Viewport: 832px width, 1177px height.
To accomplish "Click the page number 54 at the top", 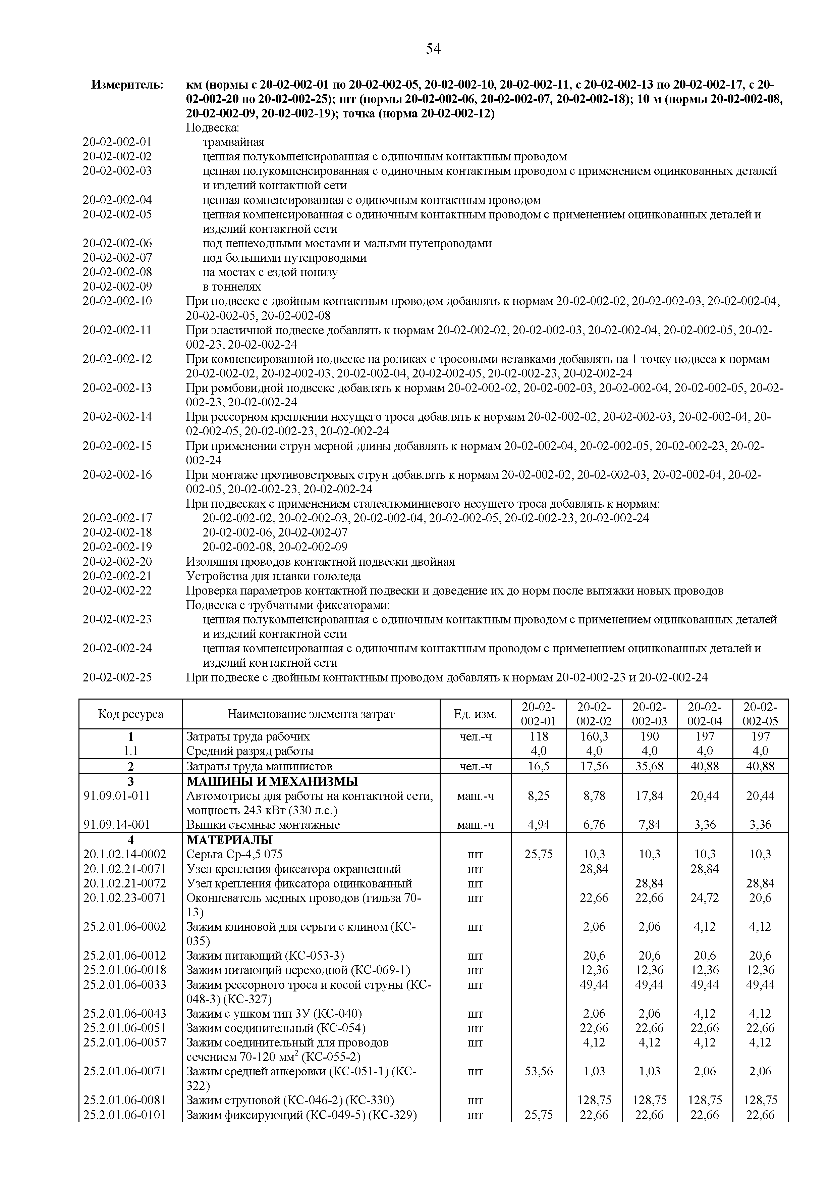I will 433,49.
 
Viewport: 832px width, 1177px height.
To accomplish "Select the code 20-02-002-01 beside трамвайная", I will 117,142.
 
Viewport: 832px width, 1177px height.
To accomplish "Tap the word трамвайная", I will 234,142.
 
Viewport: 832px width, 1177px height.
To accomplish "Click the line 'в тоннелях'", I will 232,287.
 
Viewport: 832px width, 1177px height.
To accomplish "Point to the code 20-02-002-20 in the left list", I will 117,562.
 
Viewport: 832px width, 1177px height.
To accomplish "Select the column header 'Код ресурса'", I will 131,714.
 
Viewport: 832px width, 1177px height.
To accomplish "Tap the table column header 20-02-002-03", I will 649,714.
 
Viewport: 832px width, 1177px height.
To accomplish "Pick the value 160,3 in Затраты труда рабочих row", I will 594,737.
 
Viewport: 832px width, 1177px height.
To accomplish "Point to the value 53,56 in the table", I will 539,1071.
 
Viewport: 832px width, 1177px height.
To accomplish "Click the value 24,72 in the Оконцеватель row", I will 705,898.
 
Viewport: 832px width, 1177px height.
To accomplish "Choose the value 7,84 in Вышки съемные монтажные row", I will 649,825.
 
